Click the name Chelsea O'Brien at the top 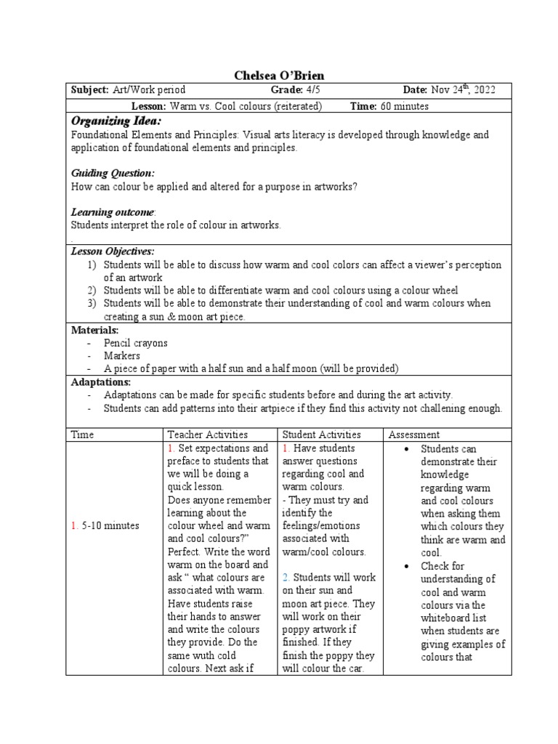279,76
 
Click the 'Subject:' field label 89,90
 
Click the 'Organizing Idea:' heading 116,121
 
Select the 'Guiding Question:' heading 113,173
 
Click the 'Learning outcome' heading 113,212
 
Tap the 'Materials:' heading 94,330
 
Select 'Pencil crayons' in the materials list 136,343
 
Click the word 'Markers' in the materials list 122,356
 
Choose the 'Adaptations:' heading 101,381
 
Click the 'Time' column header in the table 82,434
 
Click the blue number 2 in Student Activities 286,577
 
